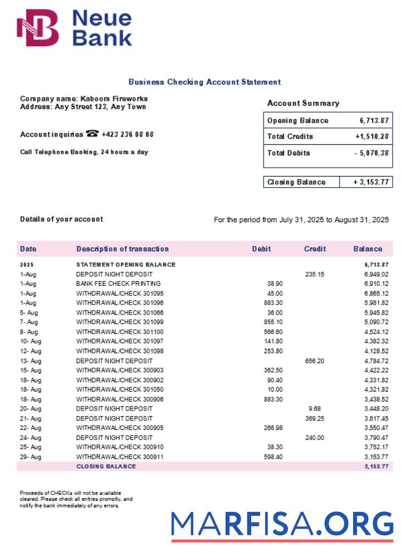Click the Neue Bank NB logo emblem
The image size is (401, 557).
(x=38, y=28)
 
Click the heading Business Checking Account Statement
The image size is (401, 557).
(x=204, y=82)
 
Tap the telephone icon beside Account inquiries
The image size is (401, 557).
(x=92, y=134)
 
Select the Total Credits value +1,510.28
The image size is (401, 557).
(x=371, y=136)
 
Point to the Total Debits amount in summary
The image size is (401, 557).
(x=371, y=153)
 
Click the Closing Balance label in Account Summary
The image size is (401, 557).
(x=296, y=182)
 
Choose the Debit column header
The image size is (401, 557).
(x=261, y=249)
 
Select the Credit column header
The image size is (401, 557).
(x=315, y=249)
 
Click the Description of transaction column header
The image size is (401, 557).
(x=122, y=249)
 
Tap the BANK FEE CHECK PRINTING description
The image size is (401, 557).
(x=118, y=284)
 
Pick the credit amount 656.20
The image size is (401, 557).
(x=315, y=361)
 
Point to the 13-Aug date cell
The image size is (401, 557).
(x=31, y=361)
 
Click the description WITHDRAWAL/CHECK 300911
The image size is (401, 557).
(x=120, y=457)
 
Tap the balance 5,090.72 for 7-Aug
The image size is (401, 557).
(x=376, y=322)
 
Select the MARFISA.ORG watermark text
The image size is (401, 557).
(x=282, y=524)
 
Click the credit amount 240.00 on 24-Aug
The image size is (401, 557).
(x=315, y=438)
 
